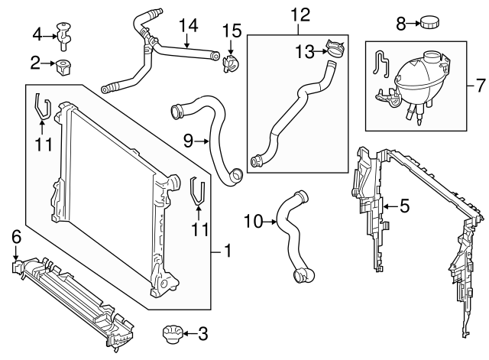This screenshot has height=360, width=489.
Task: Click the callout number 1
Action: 225,250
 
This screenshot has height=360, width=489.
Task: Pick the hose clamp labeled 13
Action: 334,49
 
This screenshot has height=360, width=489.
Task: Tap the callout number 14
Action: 183,25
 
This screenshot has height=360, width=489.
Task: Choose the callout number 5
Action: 404,206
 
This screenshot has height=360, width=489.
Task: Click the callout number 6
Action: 16,238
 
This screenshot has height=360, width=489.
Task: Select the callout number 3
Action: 202,333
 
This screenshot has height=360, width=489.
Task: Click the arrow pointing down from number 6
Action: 16,254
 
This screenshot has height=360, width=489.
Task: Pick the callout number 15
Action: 232,31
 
